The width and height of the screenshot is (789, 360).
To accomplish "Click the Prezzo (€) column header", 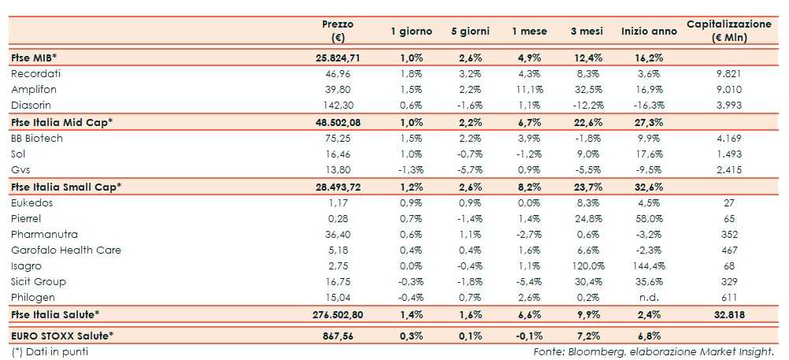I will [x=341, y=31].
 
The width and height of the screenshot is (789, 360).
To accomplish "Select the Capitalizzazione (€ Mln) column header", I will [x=728, y=31].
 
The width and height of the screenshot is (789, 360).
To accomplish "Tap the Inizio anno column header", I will [x=648, y=31].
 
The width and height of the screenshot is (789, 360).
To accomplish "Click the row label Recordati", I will [x=36, y=73].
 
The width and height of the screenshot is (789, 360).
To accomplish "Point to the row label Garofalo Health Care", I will [x=60, y=250].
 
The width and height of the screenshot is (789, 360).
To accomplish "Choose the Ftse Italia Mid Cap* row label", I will [x=62, y=122].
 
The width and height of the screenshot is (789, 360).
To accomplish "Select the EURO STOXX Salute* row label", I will [x=61, y=336].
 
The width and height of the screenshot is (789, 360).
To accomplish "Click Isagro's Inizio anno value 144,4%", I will [x=648, y=265].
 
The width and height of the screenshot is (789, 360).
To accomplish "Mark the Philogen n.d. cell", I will [x=648, y=297].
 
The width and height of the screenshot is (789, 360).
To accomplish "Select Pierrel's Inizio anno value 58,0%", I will [x=648, y=218].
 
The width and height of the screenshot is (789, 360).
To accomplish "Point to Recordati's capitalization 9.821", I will [x=728, y=73].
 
